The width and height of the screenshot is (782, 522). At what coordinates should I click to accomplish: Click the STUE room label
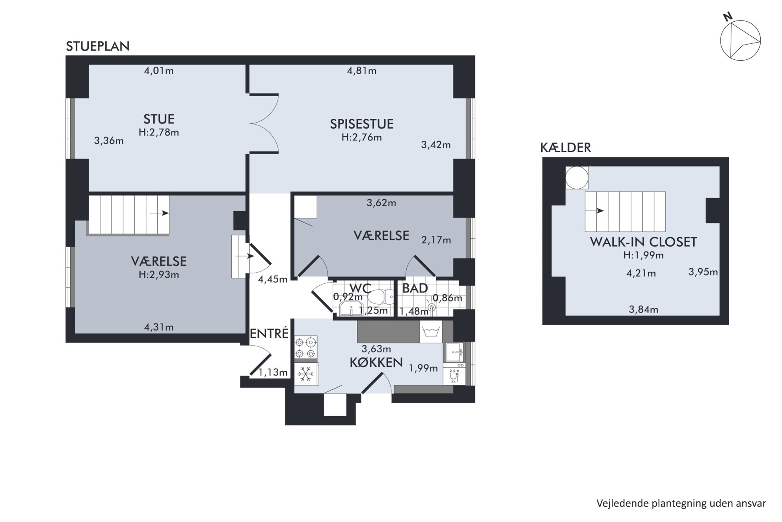(x=159, y=119)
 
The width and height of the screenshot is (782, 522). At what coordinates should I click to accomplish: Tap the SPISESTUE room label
(x=361, y=124)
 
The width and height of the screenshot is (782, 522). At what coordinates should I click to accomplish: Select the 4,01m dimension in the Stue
(x=159, y=71)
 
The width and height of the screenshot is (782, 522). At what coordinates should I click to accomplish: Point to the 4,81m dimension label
(x=361, y=71)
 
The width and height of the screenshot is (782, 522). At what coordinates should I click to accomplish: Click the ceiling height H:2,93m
(x=159, y=275)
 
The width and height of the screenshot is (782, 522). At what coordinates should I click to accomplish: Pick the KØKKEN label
(x=376, y=363)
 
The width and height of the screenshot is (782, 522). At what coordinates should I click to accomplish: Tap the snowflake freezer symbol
(x=306, y=374)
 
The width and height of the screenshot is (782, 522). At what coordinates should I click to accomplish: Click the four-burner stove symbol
(x=306, y=347)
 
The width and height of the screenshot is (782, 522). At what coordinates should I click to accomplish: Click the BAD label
(x=415, y=288)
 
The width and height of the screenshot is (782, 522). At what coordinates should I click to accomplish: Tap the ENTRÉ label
(x=269, y=334)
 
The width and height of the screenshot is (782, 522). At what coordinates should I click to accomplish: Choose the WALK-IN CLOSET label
(x=643, y=242)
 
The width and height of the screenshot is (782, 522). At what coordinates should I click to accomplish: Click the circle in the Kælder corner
(x=577, y=178)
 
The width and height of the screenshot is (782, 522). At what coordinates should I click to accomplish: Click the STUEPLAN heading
(x=98, y=47)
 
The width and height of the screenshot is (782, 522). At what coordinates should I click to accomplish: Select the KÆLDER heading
(x=566, y=148)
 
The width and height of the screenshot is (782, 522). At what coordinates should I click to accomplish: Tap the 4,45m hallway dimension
(x=273, y=280)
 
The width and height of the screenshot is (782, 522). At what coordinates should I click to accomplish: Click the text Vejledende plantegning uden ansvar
(x=681, y=504)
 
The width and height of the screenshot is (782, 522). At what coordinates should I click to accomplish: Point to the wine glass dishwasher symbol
(x=454, y=376)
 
